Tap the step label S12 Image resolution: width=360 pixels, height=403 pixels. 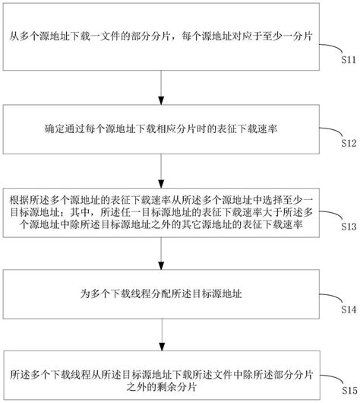click(345, 142)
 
